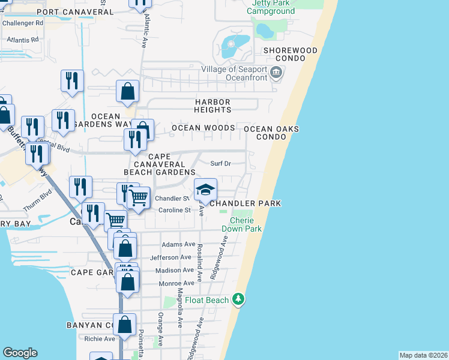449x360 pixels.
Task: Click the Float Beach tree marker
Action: click(x=239, y=299)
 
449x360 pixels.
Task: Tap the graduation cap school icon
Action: click(x=205, y=190)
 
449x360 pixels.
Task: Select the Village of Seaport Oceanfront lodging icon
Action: click(x=276, y=73)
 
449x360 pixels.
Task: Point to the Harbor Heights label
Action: click(x=213, y=106)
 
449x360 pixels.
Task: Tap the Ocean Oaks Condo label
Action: click(x=271, y=133)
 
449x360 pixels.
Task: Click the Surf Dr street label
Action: click(x=220, y=163)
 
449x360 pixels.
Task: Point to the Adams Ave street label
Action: click(x=178, y=245)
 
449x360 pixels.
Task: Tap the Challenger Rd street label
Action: click(x=23, y=23)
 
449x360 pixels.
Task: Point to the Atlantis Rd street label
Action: click(x=23, y=39)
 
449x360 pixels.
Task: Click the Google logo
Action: click(x=20, y=353)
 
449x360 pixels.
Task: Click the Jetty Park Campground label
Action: click(x=273, y=7)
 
